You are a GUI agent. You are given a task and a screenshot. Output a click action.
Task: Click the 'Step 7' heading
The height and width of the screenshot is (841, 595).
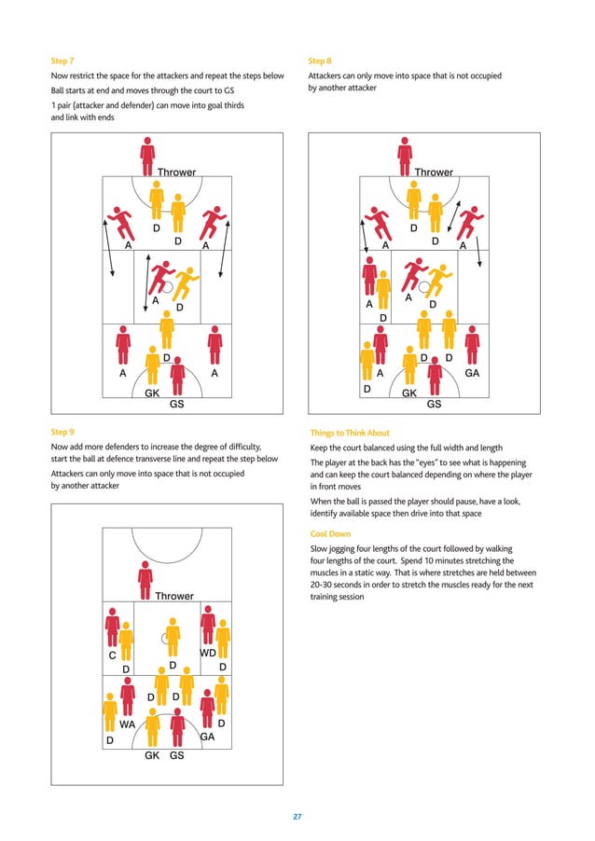coord(62,61)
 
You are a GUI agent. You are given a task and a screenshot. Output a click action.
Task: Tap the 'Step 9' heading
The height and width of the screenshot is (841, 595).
coord(62,433)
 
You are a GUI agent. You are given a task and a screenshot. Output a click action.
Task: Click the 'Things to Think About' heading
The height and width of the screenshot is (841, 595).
coord(349,433)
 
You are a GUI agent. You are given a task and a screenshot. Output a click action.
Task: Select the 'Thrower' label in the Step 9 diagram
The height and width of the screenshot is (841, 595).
coord(174,596)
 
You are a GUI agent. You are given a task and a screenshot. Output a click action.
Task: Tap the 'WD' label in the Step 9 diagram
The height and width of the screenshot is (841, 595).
coord(209,655)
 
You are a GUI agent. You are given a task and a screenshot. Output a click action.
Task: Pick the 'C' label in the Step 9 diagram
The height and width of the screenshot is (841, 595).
coord(112,655)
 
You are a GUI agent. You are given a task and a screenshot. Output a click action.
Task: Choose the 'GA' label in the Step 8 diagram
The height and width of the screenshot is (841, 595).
coord(472,372)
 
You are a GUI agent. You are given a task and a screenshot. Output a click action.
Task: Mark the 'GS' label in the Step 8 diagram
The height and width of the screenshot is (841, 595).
coord(434,406)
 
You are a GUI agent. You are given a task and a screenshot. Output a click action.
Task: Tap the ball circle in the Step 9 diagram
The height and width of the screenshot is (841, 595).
coord(166,639)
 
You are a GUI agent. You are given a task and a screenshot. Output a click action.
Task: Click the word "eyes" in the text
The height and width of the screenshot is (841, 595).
coord(400,462)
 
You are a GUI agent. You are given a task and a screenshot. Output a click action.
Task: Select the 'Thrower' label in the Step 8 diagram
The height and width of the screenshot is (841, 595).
coord(434,172)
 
